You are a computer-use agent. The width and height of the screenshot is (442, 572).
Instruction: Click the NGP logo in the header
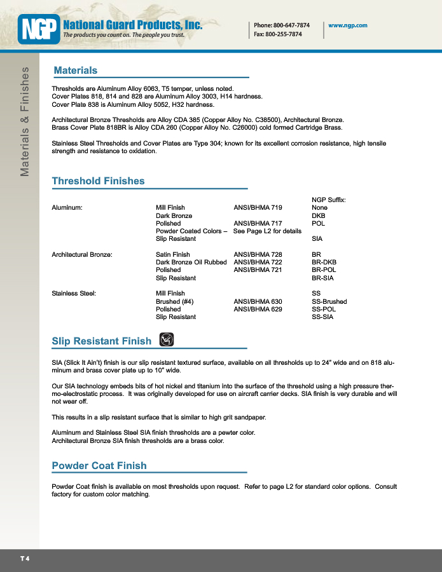pos(39,29)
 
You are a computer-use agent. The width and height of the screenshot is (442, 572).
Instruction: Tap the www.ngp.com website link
pos(348,25)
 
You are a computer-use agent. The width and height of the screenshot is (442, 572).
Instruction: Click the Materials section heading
pos(76,71)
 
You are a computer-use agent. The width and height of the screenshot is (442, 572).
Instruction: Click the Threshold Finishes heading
pos(98,181)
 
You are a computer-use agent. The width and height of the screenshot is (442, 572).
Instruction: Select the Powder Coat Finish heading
pos(99,466)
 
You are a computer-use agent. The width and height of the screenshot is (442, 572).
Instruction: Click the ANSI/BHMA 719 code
pos(258,208)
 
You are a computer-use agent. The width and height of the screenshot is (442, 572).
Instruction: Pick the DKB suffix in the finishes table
pos(318,216)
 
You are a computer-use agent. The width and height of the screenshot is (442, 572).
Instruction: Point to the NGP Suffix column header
pos(329,200)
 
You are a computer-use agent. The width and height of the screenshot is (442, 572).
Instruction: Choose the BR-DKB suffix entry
pos(324,262)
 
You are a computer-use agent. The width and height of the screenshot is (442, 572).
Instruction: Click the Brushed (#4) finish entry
pos(175,301)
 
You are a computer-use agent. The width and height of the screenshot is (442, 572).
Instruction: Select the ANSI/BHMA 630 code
pos(258,301)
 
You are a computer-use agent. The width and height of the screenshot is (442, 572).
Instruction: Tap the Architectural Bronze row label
pos(82,255)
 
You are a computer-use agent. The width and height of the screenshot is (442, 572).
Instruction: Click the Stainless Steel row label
pos(74,294)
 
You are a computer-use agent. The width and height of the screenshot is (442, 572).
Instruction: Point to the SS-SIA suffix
pos(322,317)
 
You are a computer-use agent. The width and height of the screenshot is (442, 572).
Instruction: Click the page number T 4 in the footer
pos(25,559)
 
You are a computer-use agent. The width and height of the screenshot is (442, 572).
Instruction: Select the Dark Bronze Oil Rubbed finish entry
pos(191,262)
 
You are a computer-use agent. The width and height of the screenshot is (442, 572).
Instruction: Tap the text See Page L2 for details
pos(267,231)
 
